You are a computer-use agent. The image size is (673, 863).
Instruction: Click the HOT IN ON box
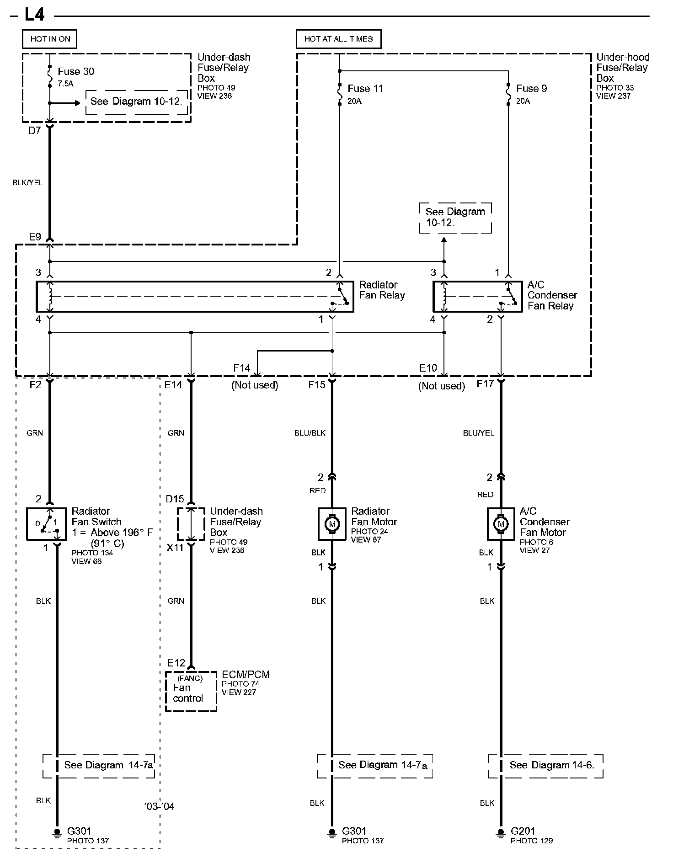coord(50,39)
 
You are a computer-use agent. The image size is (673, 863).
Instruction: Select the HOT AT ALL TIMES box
coord(338,39)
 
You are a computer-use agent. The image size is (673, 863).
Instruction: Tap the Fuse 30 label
coord(75,71)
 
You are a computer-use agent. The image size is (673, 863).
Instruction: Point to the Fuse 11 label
coord(365,88)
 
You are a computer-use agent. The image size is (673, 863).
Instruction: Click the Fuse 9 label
coord(531,88)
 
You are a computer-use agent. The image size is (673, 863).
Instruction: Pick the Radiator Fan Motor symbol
coord(332,524)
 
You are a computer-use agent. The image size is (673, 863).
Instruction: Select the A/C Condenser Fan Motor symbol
coord(501,524)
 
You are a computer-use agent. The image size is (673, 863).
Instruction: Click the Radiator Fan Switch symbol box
coord(46,524)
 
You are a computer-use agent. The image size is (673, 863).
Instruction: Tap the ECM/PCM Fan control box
coord(191,692)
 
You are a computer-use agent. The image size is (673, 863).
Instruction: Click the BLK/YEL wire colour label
coord(27,182)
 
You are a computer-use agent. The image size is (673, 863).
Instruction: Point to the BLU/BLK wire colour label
coord(310,433)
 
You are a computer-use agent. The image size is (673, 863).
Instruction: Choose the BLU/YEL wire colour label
coord(478,433)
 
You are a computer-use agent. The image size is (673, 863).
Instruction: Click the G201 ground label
coord(523,831)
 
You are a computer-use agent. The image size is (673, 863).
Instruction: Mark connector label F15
coord(316,384)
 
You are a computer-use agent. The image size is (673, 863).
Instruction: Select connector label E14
coord(173,384)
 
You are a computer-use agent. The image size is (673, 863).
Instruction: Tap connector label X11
coord(175,548)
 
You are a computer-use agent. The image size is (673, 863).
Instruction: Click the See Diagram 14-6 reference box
coord(545,766)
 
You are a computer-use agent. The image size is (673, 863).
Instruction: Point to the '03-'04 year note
coord(159,806)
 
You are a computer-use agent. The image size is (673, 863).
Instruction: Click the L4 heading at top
coord(34,15)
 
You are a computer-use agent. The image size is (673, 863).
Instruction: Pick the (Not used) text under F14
coord(255,385)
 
